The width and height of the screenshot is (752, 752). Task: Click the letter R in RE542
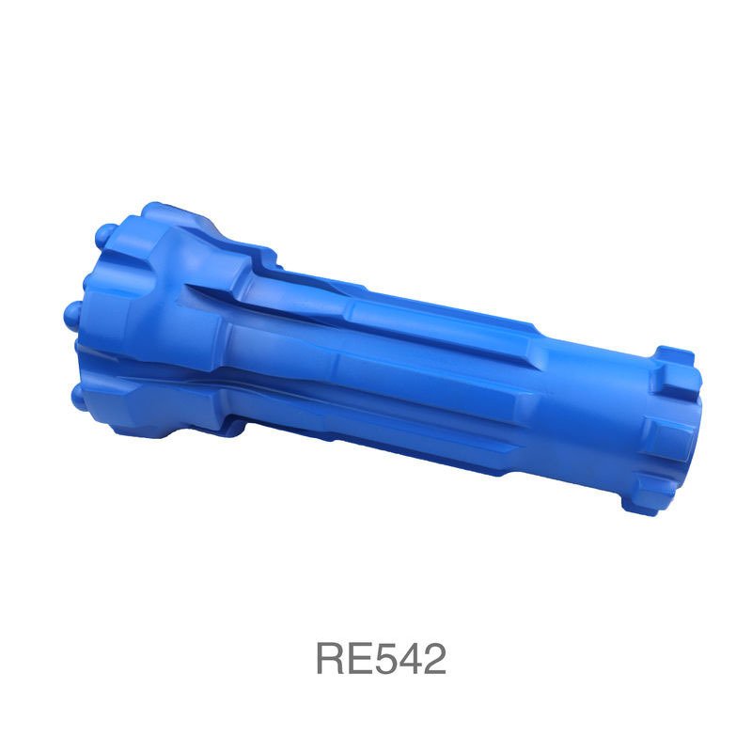[x=331, y=659]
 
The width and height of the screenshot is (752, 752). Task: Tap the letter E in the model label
[x=359, y=659]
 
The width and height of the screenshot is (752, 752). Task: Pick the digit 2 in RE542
[x=434, y=659]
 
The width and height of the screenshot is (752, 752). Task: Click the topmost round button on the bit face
[x=105, y=234]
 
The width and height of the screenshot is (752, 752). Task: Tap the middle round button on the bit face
[x=73, y=314]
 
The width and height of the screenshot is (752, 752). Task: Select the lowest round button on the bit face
[x=79, y=398]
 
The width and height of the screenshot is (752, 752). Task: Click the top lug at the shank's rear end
[x=674, y=366]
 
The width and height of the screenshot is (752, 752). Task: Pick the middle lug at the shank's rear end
[x=669, y=437]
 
